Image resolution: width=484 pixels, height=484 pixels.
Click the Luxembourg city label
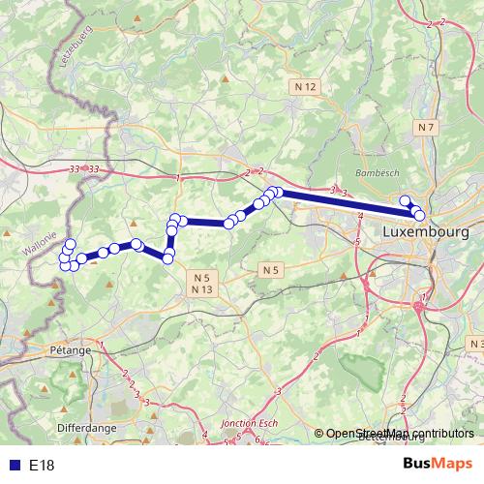pyautogui.click(x=426, y=233)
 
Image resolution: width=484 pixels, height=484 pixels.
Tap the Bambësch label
pyautogui.click(x=377, y=171)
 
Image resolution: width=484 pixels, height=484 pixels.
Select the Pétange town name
pyautogui.click(x=70, y=349)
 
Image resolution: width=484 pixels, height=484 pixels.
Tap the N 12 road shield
pyautogui.click(x=305, y=87)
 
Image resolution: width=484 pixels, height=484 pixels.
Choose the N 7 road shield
pyautogui.click(x=426, y=127)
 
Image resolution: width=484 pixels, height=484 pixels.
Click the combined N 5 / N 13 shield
pyautogui.click(x=201, y=284)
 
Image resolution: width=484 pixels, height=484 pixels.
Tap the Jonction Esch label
pyautogui.click(x=250, y=423)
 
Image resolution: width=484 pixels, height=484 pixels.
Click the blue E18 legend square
pyautogui.click(x=11, y=466)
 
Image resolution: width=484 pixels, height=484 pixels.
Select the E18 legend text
pyautogui.click(x=42, y=466)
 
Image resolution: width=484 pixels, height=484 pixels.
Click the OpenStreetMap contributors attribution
pyautogui.click(x=399, y=434)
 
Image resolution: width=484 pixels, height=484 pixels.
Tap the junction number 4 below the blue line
pyautogui.click(x=360, y=215)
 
